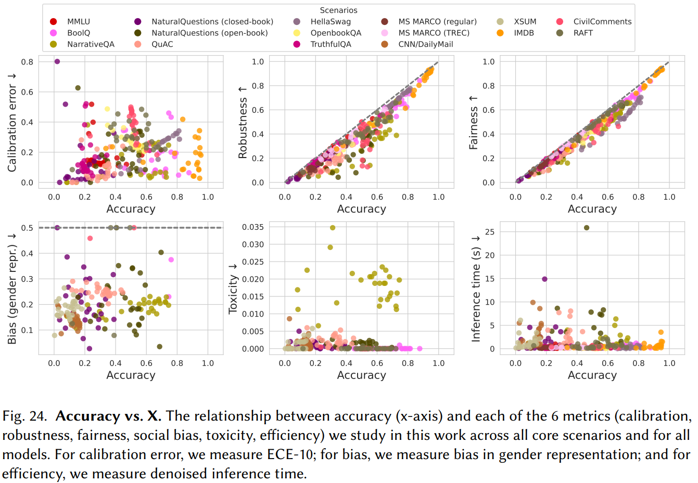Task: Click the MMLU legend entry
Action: click(x=78, y=22)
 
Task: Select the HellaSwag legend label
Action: click(x=331, y=22)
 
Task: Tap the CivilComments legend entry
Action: click(x=602, y=22)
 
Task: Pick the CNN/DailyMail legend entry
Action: click(x=425, y=44)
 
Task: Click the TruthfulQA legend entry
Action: click(x=331, y=44)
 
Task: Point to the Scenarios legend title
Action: click(x=338, y=10)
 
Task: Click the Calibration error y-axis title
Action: click(x=12, y=122)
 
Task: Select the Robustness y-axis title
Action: click(x=243, y=122)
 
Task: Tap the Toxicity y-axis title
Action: click(x=233, y=289)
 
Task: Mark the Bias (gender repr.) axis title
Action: click(x=12, y=289)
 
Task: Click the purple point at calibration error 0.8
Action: click(x=57, y=61)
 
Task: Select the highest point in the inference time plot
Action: click(x=587, y=228)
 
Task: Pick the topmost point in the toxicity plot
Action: click(x=333, y=228)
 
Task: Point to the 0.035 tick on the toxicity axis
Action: click(x=253, y=227)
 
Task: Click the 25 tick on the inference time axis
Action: click(x=490, y=232)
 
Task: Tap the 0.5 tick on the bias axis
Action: click(x=27, y=228)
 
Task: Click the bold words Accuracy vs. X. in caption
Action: click(x=108, y=416)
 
